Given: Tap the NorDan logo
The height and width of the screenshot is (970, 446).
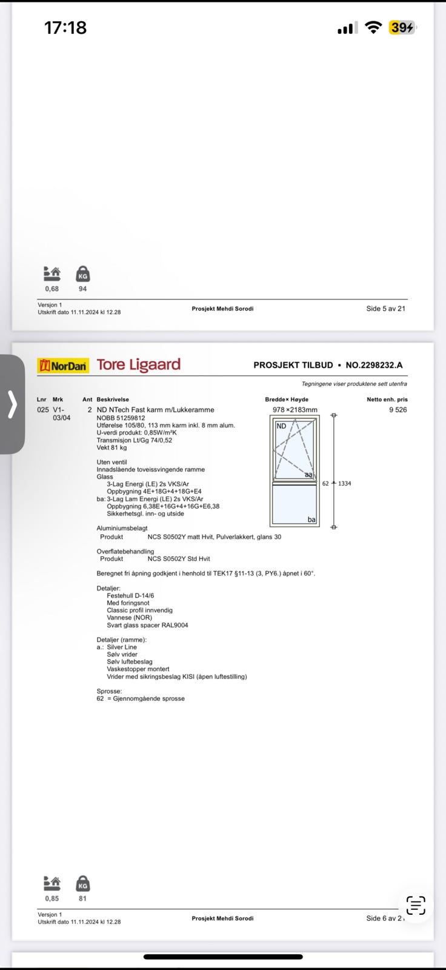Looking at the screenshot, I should click(63, 365).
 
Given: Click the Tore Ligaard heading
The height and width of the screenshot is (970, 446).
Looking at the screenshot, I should click(139, 364).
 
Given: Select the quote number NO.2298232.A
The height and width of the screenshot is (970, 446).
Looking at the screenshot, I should click(374, 365).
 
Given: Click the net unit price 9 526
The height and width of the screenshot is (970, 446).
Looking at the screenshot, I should click(398, 410).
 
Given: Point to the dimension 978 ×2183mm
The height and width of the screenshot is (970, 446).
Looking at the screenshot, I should click(295, 410).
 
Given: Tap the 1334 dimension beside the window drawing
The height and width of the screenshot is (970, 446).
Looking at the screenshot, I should click(344, 483).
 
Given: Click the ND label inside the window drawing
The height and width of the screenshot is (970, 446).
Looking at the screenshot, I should click(281, 426).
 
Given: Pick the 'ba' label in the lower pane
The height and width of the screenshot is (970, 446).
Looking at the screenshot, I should click(311, 520).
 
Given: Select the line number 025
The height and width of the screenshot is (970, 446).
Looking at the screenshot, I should click(42, 410).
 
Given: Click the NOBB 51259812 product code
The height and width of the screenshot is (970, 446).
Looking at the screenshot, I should click(121, 418).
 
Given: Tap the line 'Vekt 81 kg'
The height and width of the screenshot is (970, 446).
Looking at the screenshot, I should click(111, 447).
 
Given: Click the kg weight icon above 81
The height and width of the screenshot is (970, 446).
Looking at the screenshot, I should click(83, 883).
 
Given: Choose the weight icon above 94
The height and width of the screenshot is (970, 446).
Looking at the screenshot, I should click(83, 274).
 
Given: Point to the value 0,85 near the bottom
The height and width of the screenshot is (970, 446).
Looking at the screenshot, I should click(52, 898).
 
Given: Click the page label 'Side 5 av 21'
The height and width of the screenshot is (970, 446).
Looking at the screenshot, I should click(385, 309).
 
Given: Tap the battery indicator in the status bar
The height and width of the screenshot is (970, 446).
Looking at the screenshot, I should click(402, 27).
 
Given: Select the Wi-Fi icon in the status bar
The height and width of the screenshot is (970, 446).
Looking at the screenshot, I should click(374, 27).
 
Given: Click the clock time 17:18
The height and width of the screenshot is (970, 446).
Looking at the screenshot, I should click(65, 27).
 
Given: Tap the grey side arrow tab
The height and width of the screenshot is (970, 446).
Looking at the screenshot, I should click(12, 404).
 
